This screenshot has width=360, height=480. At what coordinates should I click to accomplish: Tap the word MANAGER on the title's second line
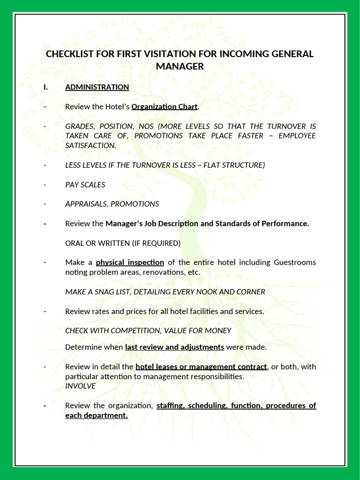coord(180,67)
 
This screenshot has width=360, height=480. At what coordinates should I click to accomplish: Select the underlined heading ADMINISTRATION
coord(97,87)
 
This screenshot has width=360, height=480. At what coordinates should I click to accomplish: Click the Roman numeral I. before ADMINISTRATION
coord(46,87)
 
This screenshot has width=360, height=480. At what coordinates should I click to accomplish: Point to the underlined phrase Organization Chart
coord(165,107)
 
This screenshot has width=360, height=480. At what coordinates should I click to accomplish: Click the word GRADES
coord(79,126)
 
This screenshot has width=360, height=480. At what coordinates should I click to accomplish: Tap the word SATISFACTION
coord(90,146)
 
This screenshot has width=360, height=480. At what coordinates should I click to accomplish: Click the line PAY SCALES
coord(85,185)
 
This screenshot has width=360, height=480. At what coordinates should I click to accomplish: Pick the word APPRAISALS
coord(86,204)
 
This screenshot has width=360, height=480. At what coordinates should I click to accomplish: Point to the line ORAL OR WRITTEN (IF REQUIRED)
coord(123,243)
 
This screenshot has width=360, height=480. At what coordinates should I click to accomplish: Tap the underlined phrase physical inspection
coord(130,262)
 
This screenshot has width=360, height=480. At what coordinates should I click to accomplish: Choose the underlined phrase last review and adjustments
coord(174,347)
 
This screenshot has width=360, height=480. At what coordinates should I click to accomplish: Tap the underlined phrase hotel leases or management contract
coord(201,367)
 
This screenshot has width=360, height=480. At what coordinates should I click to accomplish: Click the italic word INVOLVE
coord(80,386)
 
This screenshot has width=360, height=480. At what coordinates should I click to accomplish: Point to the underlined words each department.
coord(97,415)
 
